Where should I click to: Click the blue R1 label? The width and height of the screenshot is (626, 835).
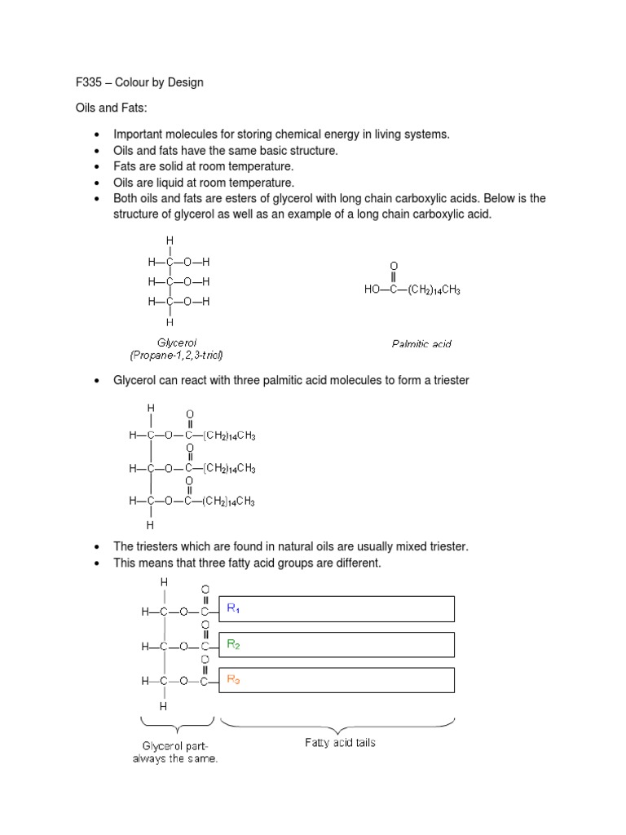click(x=233, y=608)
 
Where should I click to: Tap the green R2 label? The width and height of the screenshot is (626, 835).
click(x=233, y=644)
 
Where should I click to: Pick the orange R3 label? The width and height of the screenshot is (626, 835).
click(x=233, y=679)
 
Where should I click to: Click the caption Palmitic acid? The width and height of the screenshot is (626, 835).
click(x=421, y=344)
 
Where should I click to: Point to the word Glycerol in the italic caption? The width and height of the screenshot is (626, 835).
click(x=177, y=342)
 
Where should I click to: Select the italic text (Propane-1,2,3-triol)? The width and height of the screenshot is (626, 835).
click(x=176, y=355)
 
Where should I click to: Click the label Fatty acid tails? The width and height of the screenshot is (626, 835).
click(x=340, y=743)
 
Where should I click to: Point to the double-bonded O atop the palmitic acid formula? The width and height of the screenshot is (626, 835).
click(x=394, y=266)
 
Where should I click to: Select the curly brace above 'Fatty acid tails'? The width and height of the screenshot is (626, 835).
click(x=337, y=723)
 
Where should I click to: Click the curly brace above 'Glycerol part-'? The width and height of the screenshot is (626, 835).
click(x=177, y=723)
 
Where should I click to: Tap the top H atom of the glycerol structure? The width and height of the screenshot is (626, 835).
click(x=170, y=241)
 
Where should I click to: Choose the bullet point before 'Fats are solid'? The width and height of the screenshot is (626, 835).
click(x=97, y=167)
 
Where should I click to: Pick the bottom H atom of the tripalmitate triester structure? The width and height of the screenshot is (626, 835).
click(x=150, y=526)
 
